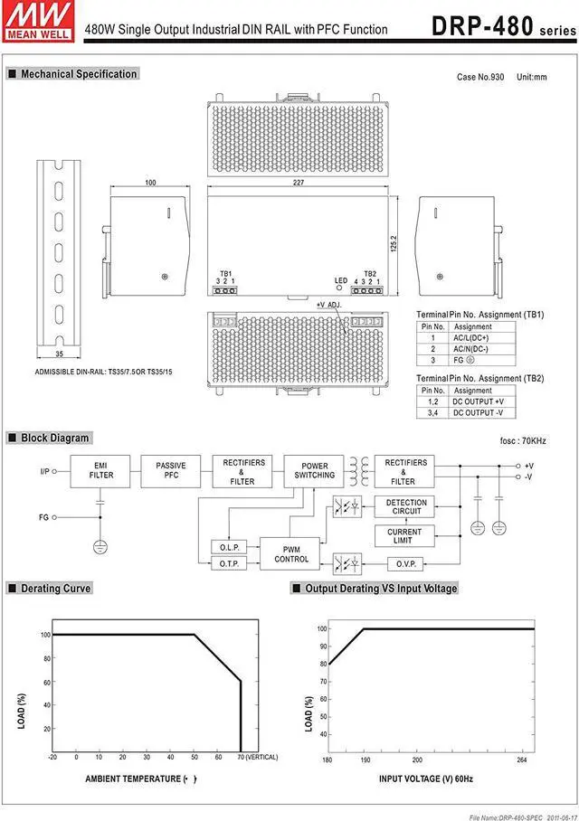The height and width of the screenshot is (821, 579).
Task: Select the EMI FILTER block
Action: [x=100, y=469]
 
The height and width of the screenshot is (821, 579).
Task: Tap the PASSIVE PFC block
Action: [x=171, y=469]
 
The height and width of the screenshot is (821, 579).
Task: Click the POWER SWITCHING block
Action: [x=314, y=469]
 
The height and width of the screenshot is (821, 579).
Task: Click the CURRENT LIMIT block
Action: [x=403, y=536]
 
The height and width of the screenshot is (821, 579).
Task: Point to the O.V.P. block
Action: [x=403, y=563]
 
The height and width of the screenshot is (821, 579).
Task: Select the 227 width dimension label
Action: [x=299, y=183]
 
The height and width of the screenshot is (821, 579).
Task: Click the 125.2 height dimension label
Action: [x=394, y=244]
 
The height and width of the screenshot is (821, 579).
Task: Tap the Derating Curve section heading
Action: [x=50, y=588]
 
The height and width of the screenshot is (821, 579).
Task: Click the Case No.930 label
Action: [x=479, y=77]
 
